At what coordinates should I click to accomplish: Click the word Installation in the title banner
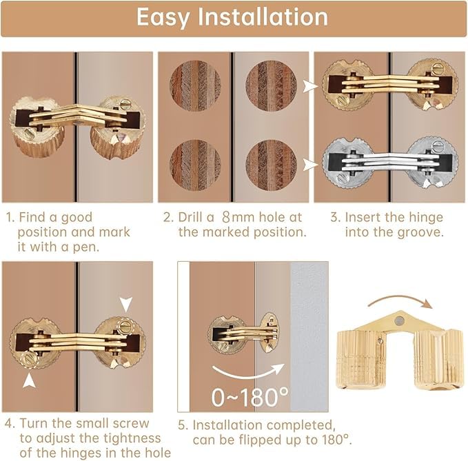[263, 17]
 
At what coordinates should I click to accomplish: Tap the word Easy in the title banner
[163, 18]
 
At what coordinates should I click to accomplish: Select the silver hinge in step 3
[391, 163]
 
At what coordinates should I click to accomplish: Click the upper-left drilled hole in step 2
[195, 85]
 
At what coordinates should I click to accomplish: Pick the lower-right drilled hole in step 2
[271, 165]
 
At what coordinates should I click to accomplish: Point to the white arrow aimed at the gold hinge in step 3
[310, 87]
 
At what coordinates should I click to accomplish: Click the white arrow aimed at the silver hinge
[310, 165]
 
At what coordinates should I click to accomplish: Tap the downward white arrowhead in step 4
[126, 305]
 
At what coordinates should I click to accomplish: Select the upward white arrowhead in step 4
[29, 381]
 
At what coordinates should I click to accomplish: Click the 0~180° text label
[250, 397]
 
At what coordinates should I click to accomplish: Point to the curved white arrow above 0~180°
[248, 372]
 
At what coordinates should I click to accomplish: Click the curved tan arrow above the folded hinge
[400, 300]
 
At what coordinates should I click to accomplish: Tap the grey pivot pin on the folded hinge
[399, 320]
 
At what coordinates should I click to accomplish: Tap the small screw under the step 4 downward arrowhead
[125, 325]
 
